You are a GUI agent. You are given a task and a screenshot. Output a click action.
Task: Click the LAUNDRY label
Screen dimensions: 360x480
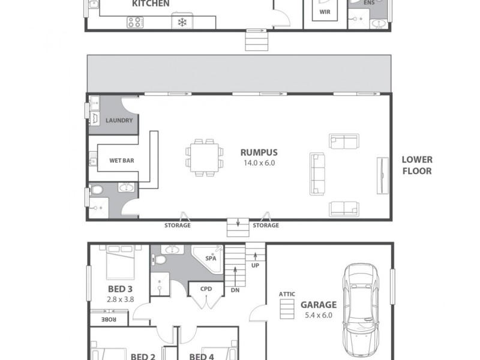119,121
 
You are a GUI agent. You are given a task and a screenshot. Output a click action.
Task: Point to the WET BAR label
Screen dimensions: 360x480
121,161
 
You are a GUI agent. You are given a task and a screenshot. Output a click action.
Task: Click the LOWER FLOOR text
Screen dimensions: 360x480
417,165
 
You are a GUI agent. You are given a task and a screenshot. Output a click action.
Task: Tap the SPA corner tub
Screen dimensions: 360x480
209,260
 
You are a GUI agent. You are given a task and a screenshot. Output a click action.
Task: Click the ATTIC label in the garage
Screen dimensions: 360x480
287,294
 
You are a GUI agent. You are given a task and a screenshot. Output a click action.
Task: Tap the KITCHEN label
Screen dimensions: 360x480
151,4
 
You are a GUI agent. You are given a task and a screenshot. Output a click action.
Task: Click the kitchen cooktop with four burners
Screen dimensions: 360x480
136,22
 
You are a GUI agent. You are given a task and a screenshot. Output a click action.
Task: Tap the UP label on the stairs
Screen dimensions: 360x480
256,265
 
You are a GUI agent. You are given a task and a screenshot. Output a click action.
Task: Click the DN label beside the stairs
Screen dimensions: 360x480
235,289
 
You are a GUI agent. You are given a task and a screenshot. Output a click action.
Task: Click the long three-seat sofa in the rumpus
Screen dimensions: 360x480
316,173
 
